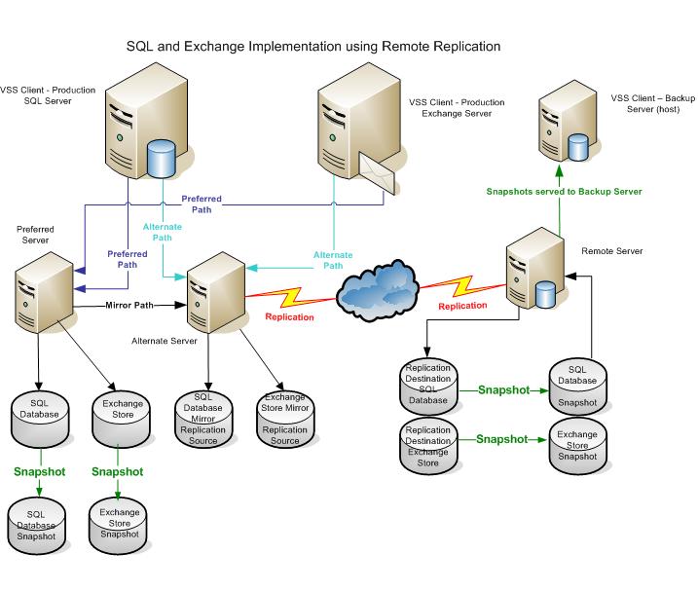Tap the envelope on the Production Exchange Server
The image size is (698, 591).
[378, 173]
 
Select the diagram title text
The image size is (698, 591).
[313, 45]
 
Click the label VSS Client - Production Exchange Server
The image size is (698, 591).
[449, 106]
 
